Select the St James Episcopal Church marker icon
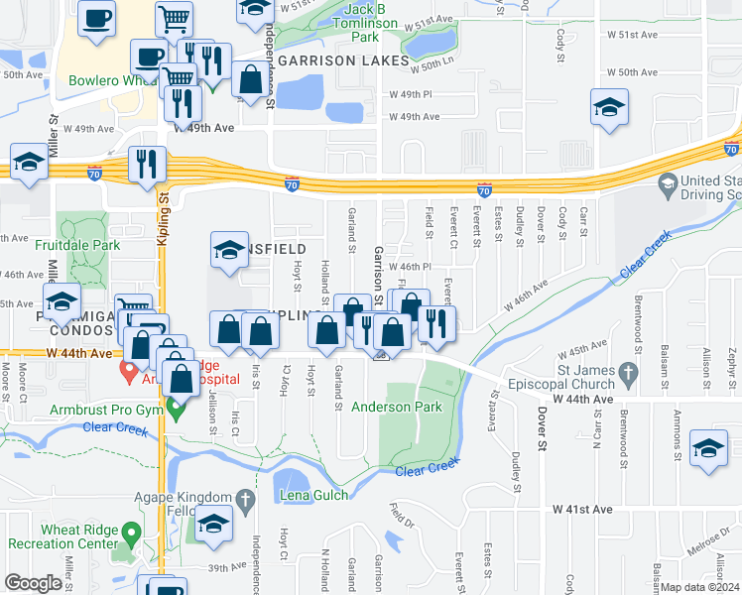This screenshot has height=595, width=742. [x=626, y=373]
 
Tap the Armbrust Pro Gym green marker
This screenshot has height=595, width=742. [x=176, y=407]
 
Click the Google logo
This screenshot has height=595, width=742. [x=34, y=583]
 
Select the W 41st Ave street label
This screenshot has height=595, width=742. [x=584, y=509]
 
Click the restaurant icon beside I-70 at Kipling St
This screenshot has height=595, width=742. [x=147, y=164]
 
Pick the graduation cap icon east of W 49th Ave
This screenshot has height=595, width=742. [x=608, y=108]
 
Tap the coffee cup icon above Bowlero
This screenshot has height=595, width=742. [x=96, y=20]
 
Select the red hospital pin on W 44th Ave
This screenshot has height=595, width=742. [x=127, y=372]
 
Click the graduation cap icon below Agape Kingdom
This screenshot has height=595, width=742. [x=213, y=524]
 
